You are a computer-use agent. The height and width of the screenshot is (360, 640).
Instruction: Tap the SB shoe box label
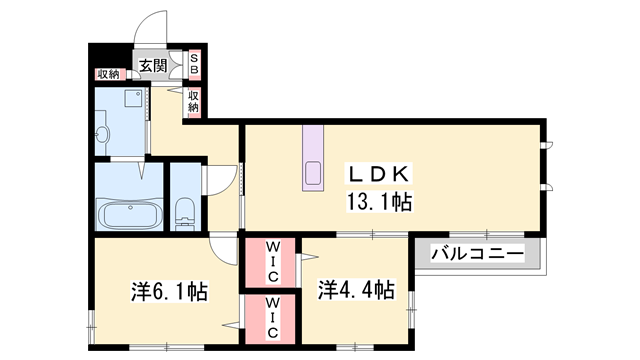pyautogui.click(x=195, y=66)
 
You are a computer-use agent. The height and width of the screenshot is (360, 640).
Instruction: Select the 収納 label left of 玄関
pyautogui.click(x=108, y=74)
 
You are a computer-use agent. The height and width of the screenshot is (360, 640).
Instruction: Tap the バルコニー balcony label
pyautogui.click(x=478, y=254)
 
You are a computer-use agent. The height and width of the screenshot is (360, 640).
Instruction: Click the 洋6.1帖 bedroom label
pyautogui.click(x=168, y=292)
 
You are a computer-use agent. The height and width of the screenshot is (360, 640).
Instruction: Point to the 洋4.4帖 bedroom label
pyautogui.click(x=356, y=291)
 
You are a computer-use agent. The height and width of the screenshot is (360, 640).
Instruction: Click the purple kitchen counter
pyautogui.click(x=312, y=158)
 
